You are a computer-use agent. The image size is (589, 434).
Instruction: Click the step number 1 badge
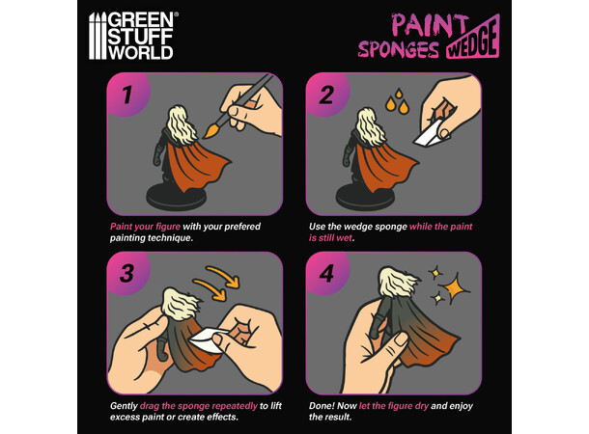click(126, 95)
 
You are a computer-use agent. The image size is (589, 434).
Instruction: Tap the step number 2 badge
click(326, 95)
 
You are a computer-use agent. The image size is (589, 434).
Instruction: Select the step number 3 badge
click(126, 274)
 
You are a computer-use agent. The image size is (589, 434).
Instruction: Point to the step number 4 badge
click(326, 274)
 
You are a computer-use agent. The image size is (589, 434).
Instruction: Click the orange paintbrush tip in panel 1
click(211, 130)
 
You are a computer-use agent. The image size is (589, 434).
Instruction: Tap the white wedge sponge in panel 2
click(430, 135)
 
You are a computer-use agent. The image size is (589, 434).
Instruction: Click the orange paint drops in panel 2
click(398, 100)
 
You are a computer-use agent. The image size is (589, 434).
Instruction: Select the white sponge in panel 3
click(208, 339)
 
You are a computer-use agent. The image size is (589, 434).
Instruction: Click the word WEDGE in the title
click(473, 41)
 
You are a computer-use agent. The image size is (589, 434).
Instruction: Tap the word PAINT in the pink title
click(430, 25)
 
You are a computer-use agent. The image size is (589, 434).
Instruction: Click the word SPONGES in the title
click(398, 49)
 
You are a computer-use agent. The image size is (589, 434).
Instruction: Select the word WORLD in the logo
click(140, 53)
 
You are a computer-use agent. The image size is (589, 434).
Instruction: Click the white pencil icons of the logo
click(98, 36)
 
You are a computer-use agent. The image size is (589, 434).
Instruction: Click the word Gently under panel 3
click(124, 406)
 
